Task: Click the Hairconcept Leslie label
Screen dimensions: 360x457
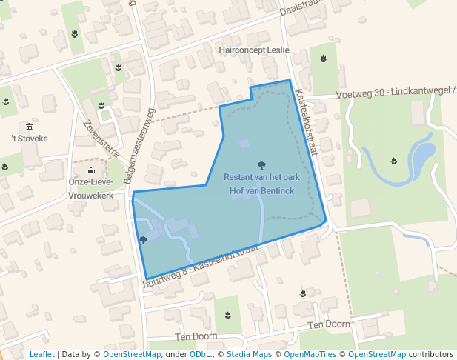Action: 254,50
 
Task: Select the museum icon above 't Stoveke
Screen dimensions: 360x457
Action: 29,127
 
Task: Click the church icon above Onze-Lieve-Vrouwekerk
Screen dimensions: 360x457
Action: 90,170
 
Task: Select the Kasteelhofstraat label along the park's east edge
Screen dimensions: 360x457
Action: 306,122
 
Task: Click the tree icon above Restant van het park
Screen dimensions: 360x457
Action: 261,165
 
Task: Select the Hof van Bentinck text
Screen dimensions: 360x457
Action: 262,191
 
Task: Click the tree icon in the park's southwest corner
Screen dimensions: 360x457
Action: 143,240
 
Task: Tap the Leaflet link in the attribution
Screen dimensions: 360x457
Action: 41,354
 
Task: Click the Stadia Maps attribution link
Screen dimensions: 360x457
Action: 249,354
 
